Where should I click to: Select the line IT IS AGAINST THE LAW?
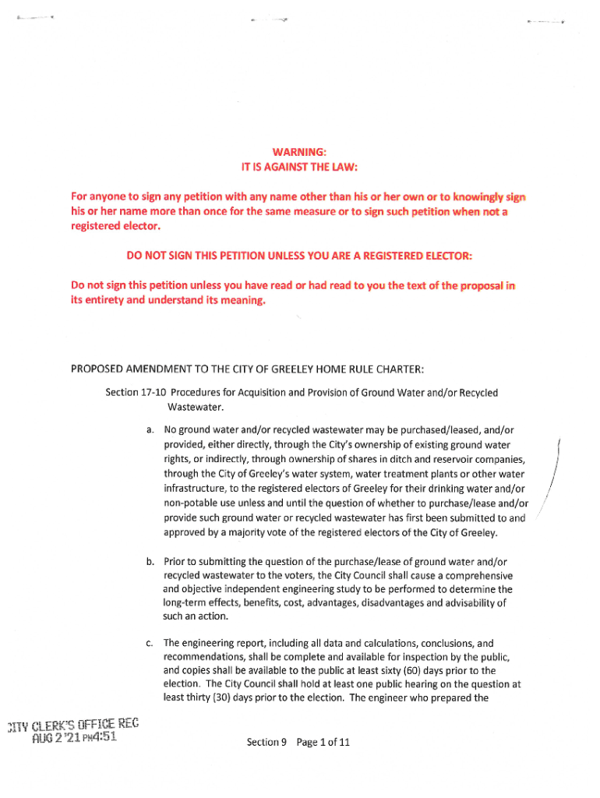(299, 167)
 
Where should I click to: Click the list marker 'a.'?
(149, 429)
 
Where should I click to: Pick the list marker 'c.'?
(149, 643)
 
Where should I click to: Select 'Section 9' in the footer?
(263, 742)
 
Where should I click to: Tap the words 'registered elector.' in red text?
(113, 227)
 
